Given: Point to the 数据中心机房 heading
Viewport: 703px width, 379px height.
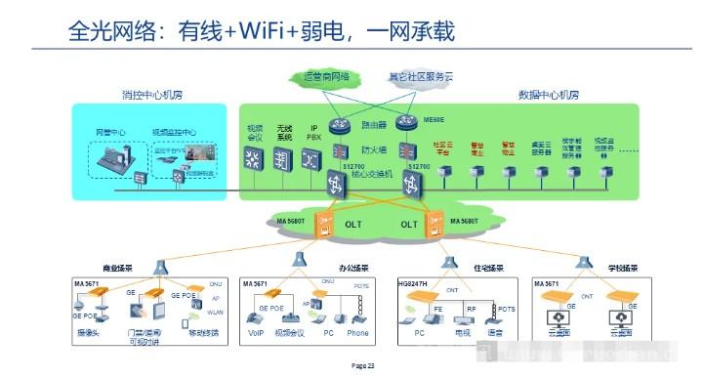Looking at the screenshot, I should click(x=548, y=96).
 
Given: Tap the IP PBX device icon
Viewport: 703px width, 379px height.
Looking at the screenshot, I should click(x=313, y=156).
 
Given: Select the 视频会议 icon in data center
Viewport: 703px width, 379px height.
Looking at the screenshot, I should click(x=255, y=156).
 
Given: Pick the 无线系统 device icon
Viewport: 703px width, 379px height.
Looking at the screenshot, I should click(x=284, y=156).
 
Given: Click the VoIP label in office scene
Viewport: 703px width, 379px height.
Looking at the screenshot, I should click(x=258, y=332).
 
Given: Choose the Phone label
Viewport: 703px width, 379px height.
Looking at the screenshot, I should click(x=357, y=332).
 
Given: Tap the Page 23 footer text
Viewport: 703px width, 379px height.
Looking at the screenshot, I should click(x=363, y=365).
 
